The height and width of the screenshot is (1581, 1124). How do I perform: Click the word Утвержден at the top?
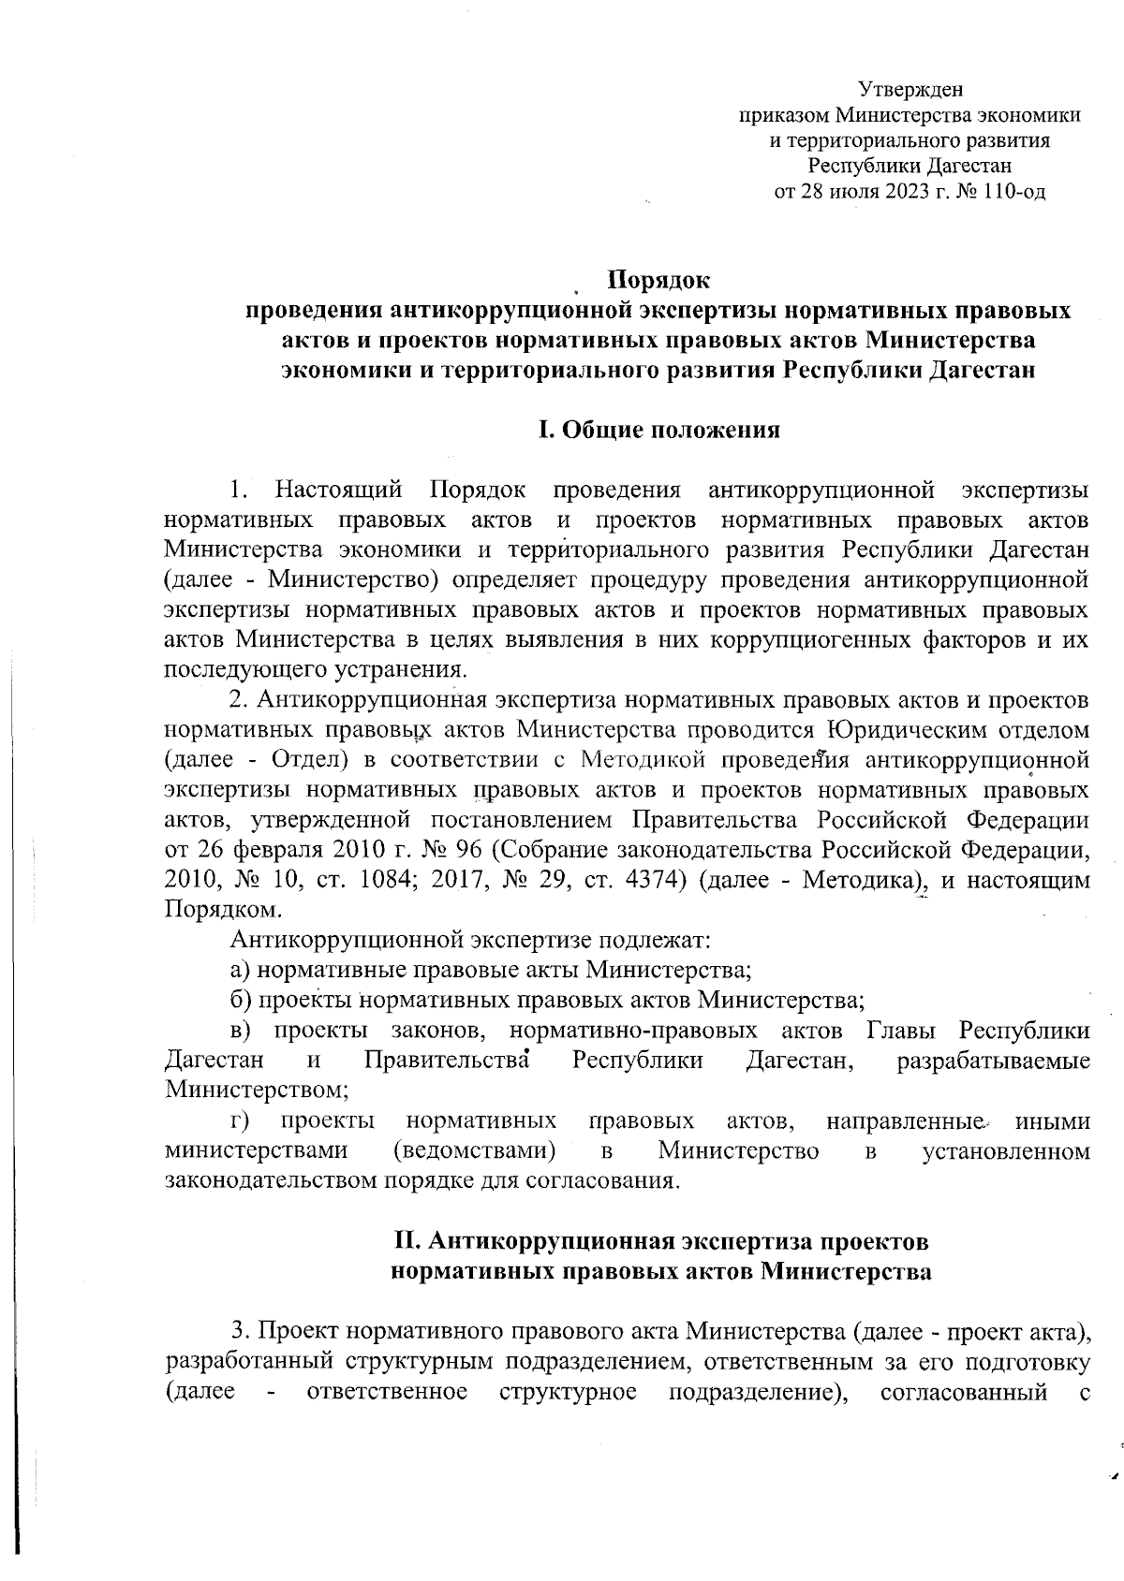click(910, 90)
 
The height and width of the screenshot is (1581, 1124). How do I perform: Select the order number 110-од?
click(1015, 193)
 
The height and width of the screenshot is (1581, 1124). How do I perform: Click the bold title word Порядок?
click(659, 280)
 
